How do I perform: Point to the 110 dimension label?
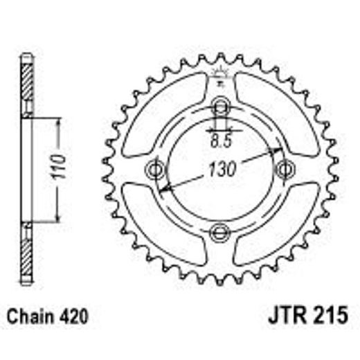tap(60, 169)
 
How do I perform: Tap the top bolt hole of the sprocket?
tap(220, 107)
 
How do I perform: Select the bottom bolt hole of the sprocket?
tap(220, 231)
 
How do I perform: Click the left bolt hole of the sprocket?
tap(155, 169)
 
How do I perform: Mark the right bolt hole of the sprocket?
tap(282, 169)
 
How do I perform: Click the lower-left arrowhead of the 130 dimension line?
tap(162, 190)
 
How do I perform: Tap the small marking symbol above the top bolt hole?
tap(220, 75)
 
